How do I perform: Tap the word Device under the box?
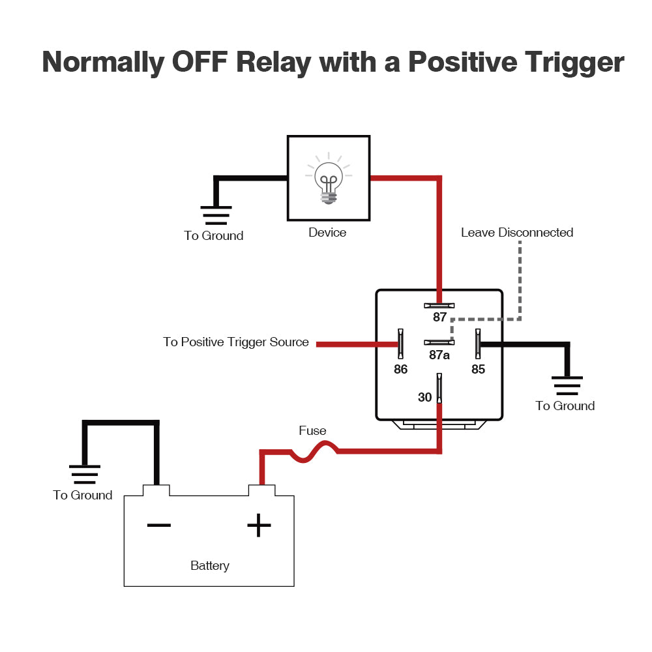pyautogui.click(x=327, y=233)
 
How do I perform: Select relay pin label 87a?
pyautogui.click(x=439, y=355)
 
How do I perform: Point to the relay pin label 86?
pyautogui.click(x=400, y=369)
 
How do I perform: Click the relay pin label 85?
pyautogui.click(x=479, y=369)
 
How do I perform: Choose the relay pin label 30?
pyautogui.click(x=424, y=397)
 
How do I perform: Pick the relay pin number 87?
pyautogui.click(x=440, y=318)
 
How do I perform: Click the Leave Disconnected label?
pyautogui.click(x=517, y=233)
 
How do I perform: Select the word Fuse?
pyautogui.click(x=312, y=431)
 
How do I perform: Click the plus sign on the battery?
pyautogui.click(x=259, y=525)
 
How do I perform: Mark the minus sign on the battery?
pyautogui.click(x=158, y=525)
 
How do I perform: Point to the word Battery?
pyautogui.click(x=209, y=566)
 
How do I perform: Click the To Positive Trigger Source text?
pyautogui.click(x=236, y=342)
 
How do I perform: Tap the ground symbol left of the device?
pyautogui.click(x=216, y=215)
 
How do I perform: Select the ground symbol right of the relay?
pyautogui.click(x=568, y=385)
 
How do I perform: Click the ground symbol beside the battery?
pyautogui.click(x=85, y=474)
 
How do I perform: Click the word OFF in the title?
pyautogui.click(x=199, y=63)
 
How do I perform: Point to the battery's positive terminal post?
pyautogui.click(x=261, y=490)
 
